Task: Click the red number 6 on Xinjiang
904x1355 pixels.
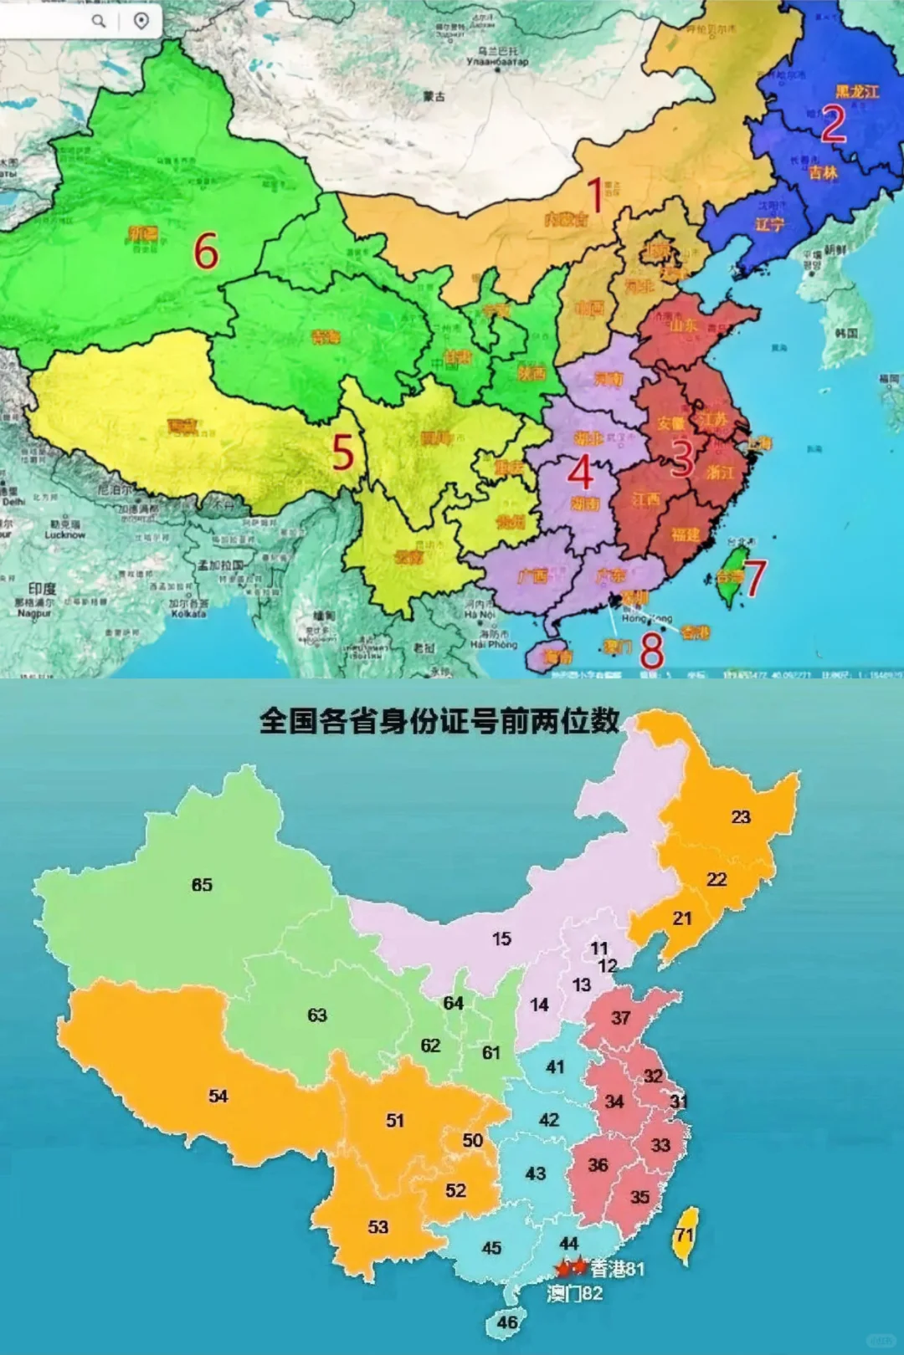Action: coord(206,251)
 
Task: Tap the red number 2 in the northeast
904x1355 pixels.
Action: coord(833,124)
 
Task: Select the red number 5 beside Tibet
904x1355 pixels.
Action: coord(343,453)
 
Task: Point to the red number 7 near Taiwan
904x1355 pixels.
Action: coord(754,578)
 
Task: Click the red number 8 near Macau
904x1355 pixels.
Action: coord(652,649)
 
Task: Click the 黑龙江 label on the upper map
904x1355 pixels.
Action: coord(856,91)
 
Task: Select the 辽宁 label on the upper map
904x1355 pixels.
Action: coord(769,224)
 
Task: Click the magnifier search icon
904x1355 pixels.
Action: coord(99,20)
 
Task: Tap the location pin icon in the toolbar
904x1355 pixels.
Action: coord(141,20)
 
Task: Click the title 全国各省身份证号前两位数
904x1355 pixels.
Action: coord(439,720)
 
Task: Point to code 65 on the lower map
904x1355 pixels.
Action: coord(202,885)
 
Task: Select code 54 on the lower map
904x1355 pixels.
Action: coord(218,1096)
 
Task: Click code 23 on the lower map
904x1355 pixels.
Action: coord(741,817)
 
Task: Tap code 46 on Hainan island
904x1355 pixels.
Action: coord(507,1322)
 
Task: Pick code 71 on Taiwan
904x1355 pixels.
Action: coord(686,1235)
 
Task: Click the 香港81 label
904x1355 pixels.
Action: coord(618,1269)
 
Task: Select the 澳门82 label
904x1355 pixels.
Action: coord(575,1294)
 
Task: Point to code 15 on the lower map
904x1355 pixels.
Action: coord(501,938)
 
